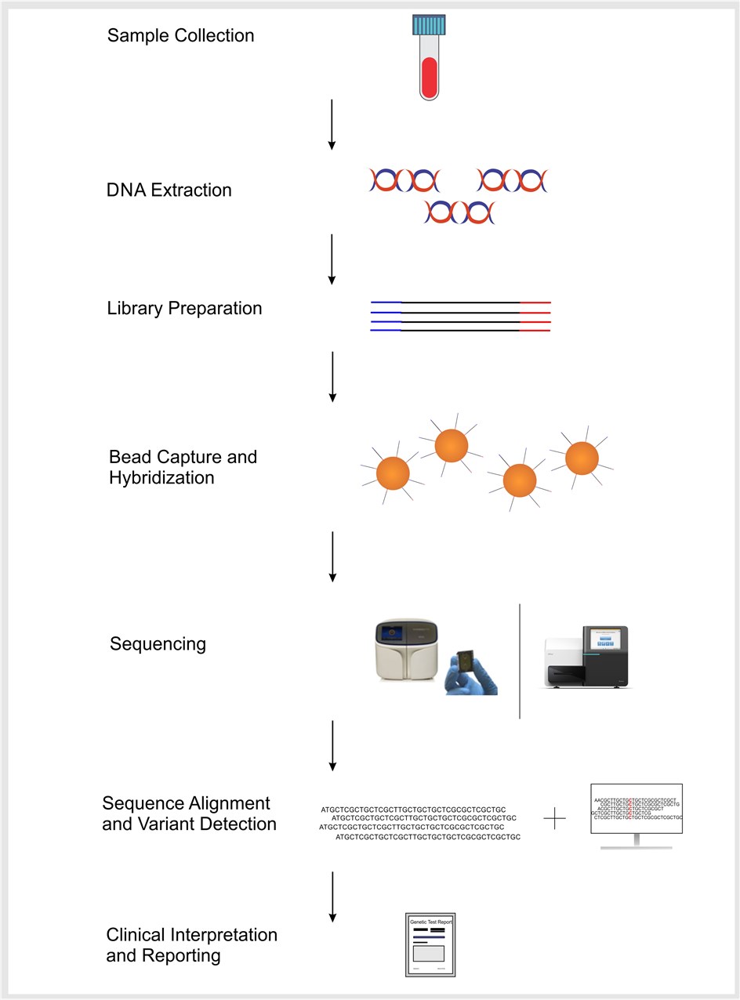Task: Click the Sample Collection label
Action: tap(180, 35)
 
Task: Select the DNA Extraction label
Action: tap(169, 190)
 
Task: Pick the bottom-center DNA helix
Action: tap(459, 212)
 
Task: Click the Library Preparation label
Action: tap(184, 308)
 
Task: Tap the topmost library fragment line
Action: tap(460, 302)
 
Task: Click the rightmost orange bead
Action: tap(582, 458)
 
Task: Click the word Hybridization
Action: tap(161, 477)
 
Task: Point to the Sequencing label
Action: tap(158, 644)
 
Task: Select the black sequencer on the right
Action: tap(586, 658)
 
